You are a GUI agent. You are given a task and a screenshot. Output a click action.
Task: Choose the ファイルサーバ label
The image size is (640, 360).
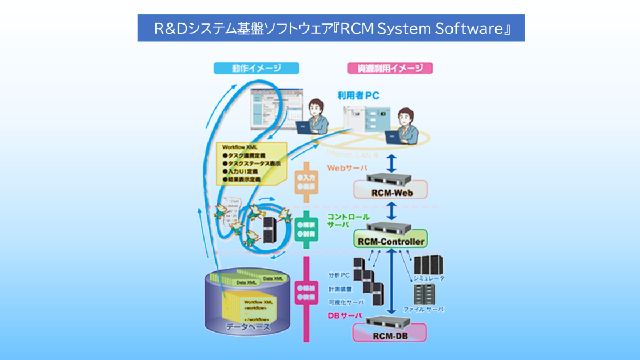pos(423,309)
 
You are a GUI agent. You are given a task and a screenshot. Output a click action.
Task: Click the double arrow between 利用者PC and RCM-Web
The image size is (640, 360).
pos(391,162)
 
